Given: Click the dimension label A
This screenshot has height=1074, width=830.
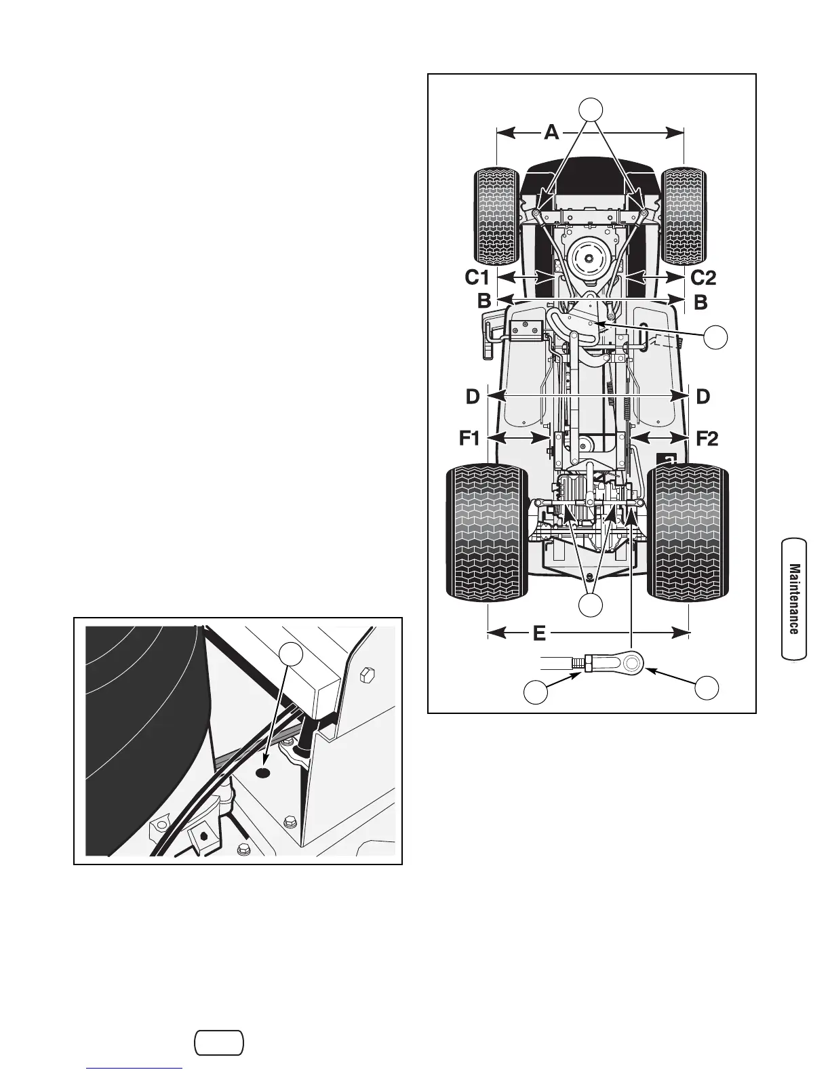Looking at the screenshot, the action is pos(551,132).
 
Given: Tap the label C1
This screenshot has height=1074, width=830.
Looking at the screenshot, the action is pos(477,277).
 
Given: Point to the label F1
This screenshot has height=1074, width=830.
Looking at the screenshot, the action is pos(469,439).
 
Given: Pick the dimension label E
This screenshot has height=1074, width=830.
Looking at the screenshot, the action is pos(539,633).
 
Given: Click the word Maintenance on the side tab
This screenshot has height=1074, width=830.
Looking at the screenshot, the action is pos(794,599).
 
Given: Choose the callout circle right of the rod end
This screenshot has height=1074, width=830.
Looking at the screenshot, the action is pos(707,687).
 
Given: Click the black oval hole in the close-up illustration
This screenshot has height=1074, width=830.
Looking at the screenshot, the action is pos(264,773).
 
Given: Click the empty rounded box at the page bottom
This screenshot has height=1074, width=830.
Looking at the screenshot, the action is pos(219,1043).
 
